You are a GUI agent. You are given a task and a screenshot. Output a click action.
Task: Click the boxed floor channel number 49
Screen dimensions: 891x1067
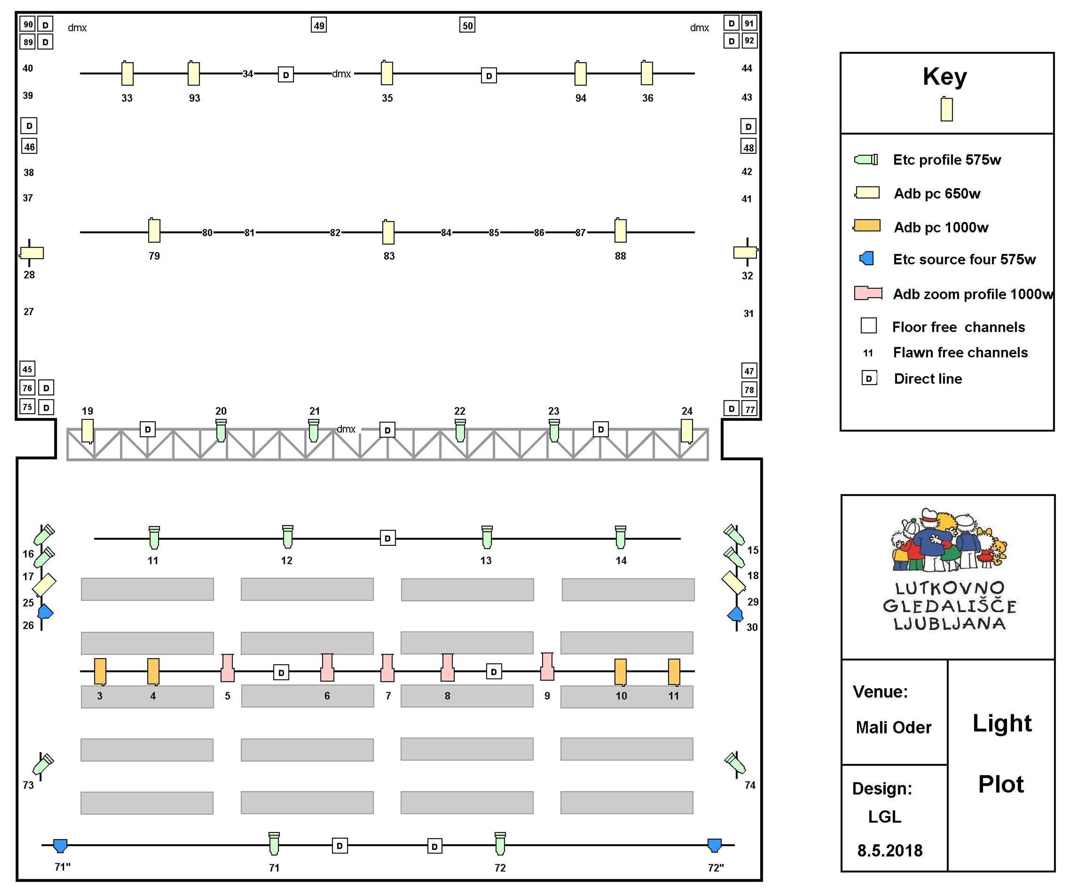pyautogui.click(x=319, y=25)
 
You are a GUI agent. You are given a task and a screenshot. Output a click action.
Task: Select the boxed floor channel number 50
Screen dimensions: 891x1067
pyautogui.click(x=467, y=25)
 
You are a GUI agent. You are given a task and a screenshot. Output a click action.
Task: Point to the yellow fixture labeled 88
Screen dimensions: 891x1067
pyautogui.click(x=620, y=231)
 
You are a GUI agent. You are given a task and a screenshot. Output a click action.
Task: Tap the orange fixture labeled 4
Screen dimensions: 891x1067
pyautogui.click(x=153, y=672)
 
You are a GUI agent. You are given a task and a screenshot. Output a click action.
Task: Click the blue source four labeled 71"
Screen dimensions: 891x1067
pyautogui.click(x=60, y=845)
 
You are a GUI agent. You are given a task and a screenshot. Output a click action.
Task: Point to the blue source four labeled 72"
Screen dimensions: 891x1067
pyautogui.click(x=714, y=845)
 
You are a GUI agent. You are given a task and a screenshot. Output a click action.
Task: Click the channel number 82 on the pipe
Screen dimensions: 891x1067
pyautogui.click(x=335, y=233)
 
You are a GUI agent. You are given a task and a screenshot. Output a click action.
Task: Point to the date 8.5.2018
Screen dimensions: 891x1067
pyautogui.click(x=890, y=850)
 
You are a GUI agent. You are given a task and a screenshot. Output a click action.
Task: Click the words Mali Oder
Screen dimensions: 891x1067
pyautogui.click(x=893, y=727)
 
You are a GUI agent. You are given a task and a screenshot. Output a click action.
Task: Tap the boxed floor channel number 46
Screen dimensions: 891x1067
pyautogui.click(x=30, y=147)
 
